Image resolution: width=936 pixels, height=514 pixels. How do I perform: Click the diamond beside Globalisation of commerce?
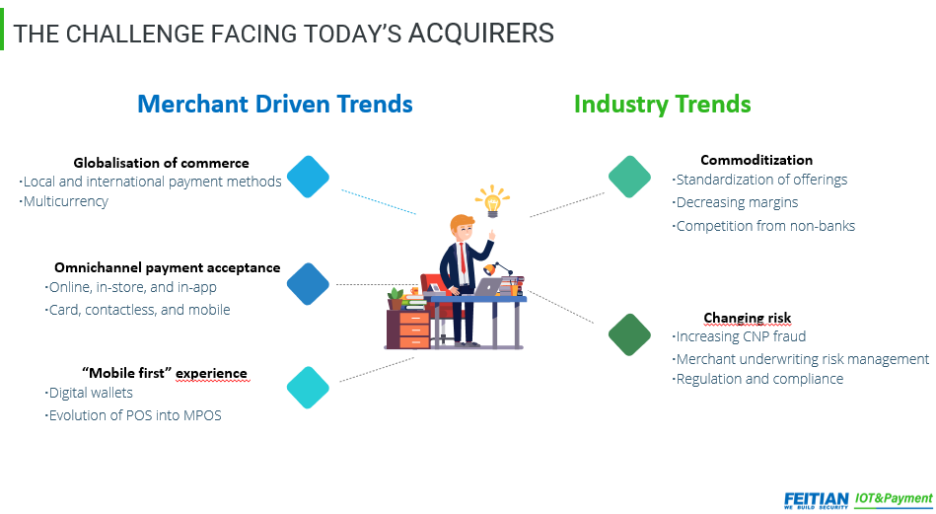pos(308,177)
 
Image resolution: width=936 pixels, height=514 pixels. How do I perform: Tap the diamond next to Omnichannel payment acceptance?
pos(308,284)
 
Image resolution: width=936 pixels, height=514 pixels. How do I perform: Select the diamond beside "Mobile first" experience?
pos(308,388)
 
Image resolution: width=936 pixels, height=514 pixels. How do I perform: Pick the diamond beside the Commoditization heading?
pos(630,177)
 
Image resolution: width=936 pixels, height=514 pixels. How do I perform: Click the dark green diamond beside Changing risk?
pos(630,334)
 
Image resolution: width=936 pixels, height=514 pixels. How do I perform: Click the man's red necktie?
pos(462,258)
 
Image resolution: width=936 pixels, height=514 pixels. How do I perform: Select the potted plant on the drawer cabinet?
pos(396,299)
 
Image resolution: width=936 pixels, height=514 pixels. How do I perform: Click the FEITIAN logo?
pos(816,500)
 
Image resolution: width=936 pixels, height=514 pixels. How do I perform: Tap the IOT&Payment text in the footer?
pos(894,498)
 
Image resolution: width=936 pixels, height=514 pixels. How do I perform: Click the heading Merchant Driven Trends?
pos(275,104)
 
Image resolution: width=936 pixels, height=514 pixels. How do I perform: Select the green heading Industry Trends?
pos(663,105)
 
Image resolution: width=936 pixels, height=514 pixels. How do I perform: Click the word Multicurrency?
pos(66,201)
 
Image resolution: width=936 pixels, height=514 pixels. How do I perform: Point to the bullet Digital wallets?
pos(91,393)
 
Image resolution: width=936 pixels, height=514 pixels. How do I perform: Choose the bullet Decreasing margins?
pos(737,202)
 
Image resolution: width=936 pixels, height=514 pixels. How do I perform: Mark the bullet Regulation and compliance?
pos(759,379)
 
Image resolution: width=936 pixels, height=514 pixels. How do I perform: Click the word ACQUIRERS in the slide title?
pos(481,34)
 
